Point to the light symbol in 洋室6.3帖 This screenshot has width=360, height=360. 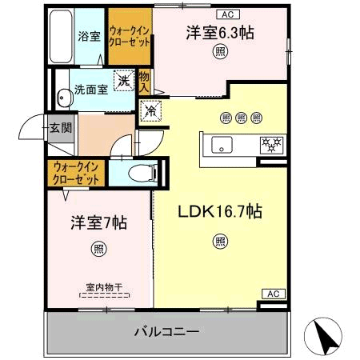pyautogui.click(x=219, y=52)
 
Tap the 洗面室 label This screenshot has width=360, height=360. pyautogui.click(x=91, y=90)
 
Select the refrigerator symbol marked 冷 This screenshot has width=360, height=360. pyautogui.click(x=150, y=111)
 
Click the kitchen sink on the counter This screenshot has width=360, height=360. pyautogui.click(x=222, y=145)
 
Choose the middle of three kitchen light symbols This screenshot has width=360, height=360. pyautogui.click(x=242, y=118)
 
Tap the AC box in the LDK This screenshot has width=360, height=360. pyautogui.click(x=271, y=294)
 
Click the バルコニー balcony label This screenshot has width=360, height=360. pyautogui.click(x=166, y=330)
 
